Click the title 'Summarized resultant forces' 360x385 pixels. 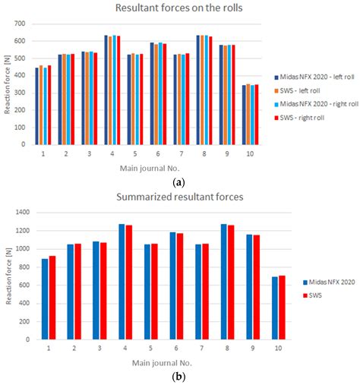(x=180, y=197)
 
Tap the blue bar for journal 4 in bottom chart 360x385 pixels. (x=122, y=278)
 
